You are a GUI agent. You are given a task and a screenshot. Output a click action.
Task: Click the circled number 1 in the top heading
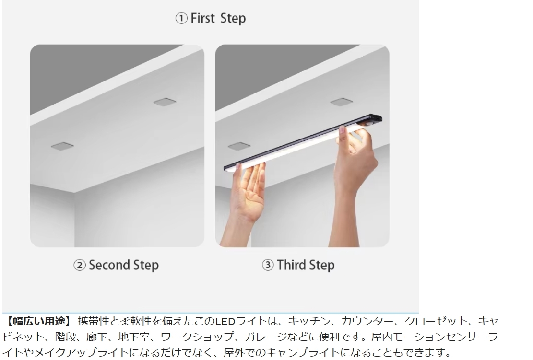tap(181, 18)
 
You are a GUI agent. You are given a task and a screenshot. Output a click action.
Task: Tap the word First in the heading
tap(202, 18)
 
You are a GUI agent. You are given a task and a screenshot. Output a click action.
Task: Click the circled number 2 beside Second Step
tap(80, 265)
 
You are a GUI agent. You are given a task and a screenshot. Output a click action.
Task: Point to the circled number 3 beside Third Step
tap(268, 265)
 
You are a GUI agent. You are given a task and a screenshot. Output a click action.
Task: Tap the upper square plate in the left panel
tap(165, 102)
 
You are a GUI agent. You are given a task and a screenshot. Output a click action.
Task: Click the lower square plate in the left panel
tap(62, 146)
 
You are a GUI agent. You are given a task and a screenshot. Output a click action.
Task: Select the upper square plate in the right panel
tap(341, 102)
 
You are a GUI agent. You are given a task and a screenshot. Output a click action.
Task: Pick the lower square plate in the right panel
tap(239, 146)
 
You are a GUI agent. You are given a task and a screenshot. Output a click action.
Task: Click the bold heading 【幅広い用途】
tap(38, 321)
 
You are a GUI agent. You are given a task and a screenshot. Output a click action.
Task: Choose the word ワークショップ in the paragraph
tap(197, 337)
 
